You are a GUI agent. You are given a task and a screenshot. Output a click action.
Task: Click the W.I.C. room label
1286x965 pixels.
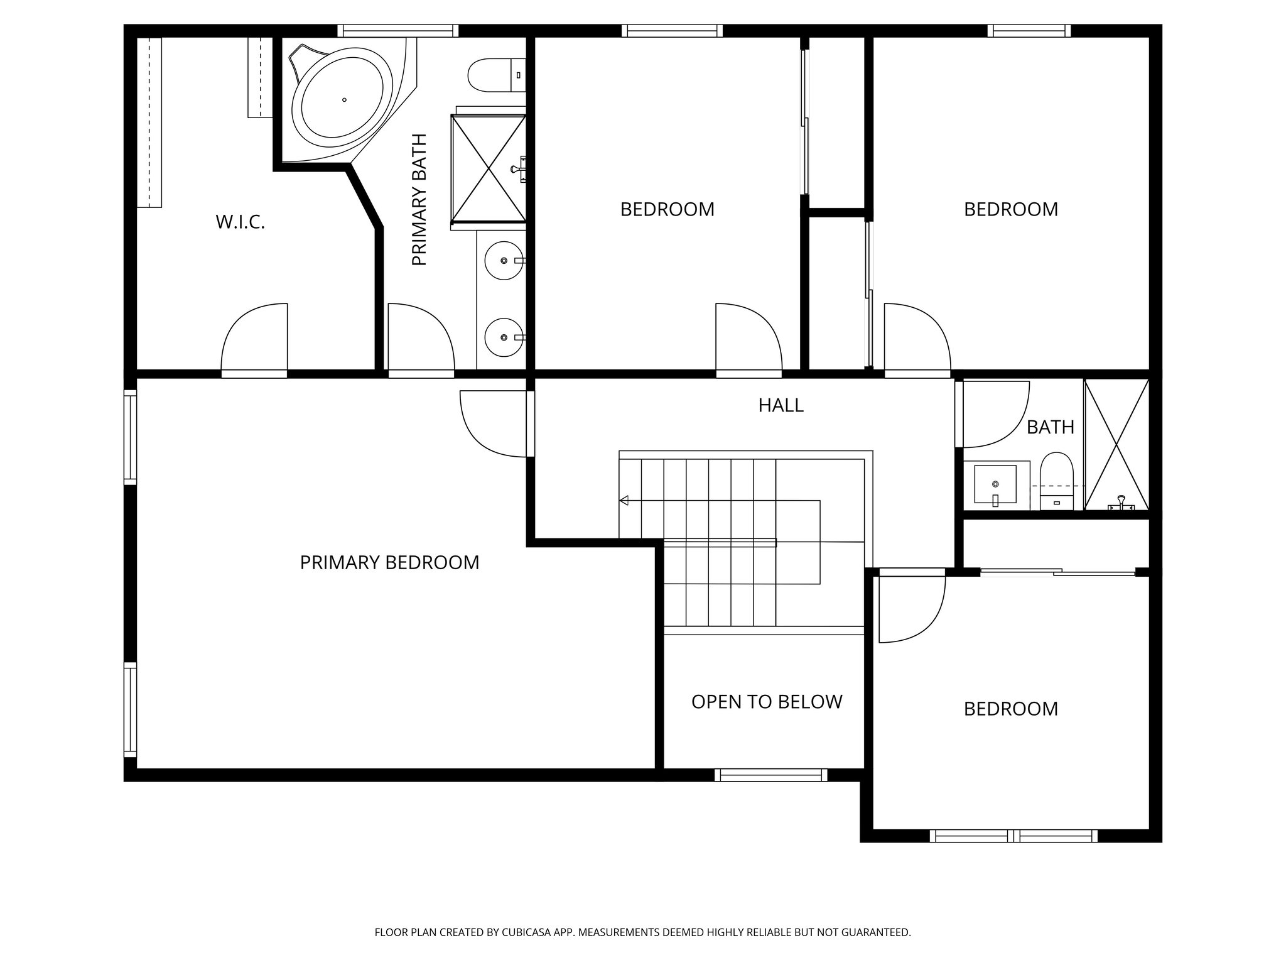[x=240, y=222]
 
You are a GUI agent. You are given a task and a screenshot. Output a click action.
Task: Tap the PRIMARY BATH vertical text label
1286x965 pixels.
[x=419, y=200]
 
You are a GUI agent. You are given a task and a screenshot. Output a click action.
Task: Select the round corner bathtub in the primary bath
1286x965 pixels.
[x=343, y=101]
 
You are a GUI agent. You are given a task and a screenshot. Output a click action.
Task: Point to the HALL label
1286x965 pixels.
[x=781, y=405]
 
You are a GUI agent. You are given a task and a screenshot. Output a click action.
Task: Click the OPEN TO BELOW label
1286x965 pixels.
[x=766, y=702]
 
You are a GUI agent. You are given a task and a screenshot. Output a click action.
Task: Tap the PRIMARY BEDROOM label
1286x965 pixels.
[x=389, y=562]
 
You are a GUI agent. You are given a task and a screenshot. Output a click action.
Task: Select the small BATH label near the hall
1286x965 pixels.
[x=1050, y=427]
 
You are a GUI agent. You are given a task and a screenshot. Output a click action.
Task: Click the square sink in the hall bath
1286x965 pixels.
[x=995, y=484]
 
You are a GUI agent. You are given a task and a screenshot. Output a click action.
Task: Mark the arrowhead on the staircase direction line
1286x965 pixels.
[x=624, y=501]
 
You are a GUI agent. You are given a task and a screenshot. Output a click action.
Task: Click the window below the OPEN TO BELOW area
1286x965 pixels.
[x=770, y=775]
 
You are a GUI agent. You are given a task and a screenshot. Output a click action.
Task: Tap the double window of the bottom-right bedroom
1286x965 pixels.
[x=1013, y=836]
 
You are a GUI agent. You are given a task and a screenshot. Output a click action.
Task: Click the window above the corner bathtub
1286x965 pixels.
[x=397, y=31]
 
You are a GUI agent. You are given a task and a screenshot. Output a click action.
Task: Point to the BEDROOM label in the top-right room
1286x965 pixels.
[x=1010, y=209]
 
